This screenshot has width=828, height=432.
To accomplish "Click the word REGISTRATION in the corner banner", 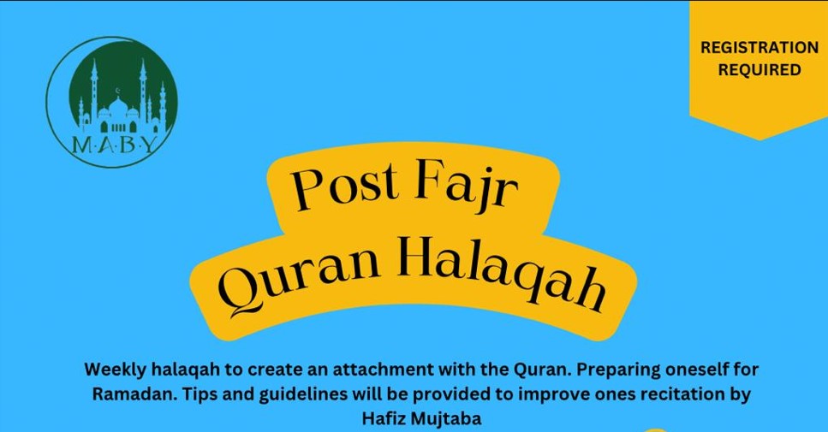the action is [x=759, y=47].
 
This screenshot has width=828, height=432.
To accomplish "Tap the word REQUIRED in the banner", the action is [x=759, y=69].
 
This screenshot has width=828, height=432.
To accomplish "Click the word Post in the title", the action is [x=347, y=185].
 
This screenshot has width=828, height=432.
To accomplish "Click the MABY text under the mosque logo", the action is [x=114, y=144].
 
